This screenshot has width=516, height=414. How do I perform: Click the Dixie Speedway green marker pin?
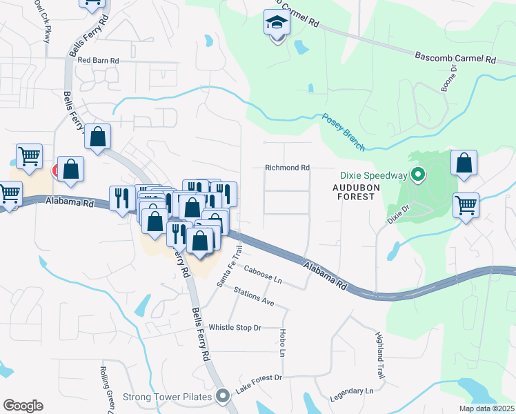pos(417,175)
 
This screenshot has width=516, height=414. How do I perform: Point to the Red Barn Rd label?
pos(98,61)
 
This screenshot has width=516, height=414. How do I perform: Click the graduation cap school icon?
pos(277,25)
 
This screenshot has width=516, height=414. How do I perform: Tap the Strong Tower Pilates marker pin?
pos(223,396)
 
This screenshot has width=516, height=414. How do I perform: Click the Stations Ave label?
pos(254,298)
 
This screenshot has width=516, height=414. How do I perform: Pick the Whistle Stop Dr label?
pos(235,327)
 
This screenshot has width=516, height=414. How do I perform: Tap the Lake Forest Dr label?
pos(259,384)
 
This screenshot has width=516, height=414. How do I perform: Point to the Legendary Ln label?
pos(350,391)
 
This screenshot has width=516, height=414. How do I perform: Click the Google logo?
pos(23,405)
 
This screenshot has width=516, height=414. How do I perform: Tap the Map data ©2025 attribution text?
pos(486,408)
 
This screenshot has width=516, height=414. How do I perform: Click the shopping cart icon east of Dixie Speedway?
pos(466,205)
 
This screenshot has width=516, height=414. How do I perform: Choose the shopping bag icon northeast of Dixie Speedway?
pos(464,165)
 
